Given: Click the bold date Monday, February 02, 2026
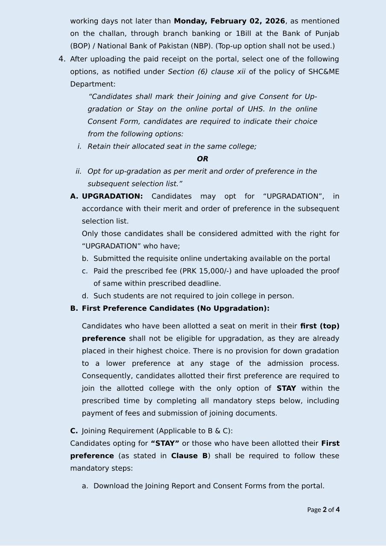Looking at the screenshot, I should coord(229,21).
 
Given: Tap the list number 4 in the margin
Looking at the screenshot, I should coord(62,59).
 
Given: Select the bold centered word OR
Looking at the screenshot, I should coord(202,159).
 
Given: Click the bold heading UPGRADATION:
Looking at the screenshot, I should coord(112,196).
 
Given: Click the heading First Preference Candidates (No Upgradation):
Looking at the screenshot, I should coord(175,308).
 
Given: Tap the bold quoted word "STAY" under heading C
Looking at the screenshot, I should coord(165,443).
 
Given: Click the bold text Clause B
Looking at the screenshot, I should coord(189,456).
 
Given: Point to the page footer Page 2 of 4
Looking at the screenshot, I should coord(323,509).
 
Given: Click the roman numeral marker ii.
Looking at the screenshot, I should coord(78,172).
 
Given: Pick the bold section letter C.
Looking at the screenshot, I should coord(74,431).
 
